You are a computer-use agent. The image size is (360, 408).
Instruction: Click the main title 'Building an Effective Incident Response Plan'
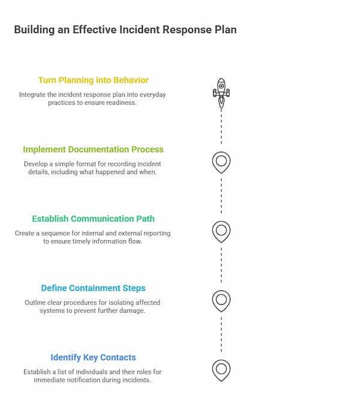coord(125,29)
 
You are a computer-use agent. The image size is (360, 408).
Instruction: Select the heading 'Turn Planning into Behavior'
coord(93,80)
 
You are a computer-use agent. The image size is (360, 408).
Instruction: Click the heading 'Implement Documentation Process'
coord(93,149)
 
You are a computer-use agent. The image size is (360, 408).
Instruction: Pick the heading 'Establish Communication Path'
coord(93,218)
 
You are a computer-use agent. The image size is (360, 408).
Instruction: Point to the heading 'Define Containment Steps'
coord(93,288)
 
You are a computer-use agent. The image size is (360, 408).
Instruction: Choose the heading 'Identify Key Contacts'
coord(93,357)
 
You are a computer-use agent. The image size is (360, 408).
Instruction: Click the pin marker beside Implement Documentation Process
coord(221,161)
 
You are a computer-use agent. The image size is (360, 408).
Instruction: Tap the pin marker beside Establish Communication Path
coord(221,230)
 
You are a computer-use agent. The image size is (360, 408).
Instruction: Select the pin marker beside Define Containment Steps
coord(221,299)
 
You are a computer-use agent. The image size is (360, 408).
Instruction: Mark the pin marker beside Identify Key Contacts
coord(221,368)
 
